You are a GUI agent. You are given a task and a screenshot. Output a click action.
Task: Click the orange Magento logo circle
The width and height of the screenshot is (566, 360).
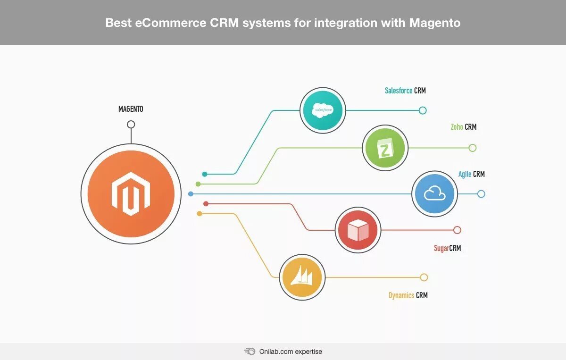[131, 193]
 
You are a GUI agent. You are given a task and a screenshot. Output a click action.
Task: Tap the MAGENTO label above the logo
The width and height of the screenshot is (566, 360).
[131, 109]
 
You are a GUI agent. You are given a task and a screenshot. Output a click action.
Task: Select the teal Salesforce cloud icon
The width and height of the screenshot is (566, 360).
[323, 110]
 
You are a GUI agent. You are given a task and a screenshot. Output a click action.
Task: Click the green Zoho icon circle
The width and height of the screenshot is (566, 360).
[385, 148]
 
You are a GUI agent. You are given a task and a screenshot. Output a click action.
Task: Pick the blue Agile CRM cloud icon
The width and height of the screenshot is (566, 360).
[434, 194]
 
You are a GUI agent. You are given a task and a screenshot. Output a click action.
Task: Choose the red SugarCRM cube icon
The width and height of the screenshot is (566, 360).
[358, 230]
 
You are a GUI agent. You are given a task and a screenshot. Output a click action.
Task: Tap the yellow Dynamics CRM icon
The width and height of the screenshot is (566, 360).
[302, 277]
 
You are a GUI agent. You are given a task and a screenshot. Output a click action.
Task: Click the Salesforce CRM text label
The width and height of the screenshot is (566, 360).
[405, 91]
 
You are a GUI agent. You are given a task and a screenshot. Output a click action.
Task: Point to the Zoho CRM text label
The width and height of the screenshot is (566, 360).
[463, 127]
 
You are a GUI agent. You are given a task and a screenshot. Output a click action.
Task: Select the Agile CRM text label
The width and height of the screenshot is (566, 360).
[471, 174]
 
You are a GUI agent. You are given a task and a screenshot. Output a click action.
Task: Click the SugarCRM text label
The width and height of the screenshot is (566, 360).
[447, 248]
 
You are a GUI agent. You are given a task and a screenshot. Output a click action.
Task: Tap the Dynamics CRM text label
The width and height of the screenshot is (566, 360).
[408, 295]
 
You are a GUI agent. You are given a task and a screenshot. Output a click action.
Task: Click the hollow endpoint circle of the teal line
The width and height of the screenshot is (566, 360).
[423, 110]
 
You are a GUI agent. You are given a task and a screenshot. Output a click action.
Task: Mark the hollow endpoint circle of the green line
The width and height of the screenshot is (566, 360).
[473, 148]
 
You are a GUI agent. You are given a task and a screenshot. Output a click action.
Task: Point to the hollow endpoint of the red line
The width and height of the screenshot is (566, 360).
[457, 230]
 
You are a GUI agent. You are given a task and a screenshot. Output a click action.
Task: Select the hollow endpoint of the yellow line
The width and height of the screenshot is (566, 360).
[424, 277]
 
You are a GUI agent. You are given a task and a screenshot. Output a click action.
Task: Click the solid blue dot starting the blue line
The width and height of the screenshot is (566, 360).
[191, 194]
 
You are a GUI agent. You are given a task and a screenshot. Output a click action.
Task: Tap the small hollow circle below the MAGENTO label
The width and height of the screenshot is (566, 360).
[131, 125]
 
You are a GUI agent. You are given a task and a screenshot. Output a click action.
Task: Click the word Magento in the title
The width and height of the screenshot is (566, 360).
[434, 23]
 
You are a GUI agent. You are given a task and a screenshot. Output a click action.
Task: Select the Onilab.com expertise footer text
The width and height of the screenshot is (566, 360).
[291, 352]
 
